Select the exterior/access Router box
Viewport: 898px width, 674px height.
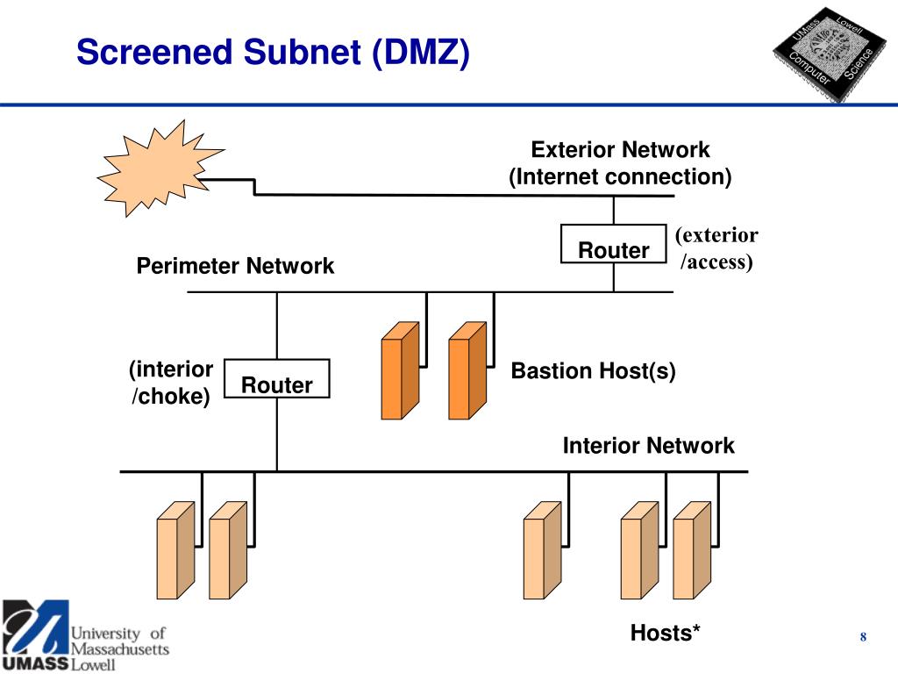(x=613, y=244)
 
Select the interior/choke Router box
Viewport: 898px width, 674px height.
(x=276, y=378)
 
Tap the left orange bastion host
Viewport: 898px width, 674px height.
(x=400, y=371)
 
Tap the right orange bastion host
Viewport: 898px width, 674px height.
(x=468, y=371)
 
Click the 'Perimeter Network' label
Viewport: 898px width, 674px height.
(x=235, y=266)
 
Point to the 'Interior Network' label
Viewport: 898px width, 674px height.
(x=648, y=445)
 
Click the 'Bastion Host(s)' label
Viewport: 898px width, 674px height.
(x=594, y=371)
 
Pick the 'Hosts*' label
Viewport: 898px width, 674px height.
(x=665, y=633)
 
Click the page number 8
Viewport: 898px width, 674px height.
(x=863, y=637)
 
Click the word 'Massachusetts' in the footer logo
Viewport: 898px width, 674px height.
(x=119, y=649)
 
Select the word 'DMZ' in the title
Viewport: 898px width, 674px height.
(x=421, y=52)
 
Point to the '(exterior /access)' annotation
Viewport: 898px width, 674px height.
(x=716, y=248)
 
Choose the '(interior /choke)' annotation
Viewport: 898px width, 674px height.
(x=171, y=383)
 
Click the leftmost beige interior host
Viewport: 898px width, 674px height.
(x=175, y=551)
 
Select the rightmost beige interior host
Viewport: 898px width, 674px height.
(x=693, y=551)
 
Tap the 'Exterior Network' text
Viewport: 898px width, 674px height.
(x=620, y=149)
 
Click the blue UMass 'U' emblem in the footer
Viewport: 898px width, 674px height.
(x=35, y=627)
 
